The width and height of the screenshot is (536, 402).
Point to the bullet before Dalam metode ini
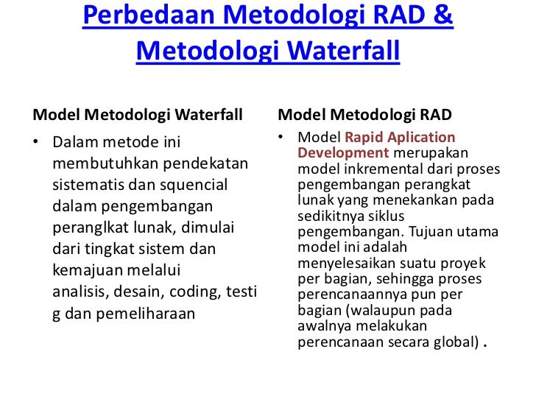click(36, 141)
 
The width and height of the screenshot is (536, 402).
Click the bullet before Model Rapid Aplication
click(282, 138)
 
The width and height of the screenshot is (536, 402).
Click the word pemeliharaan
click(147, 313)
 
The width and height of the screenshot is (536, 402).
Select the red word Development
click(343, 153)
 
